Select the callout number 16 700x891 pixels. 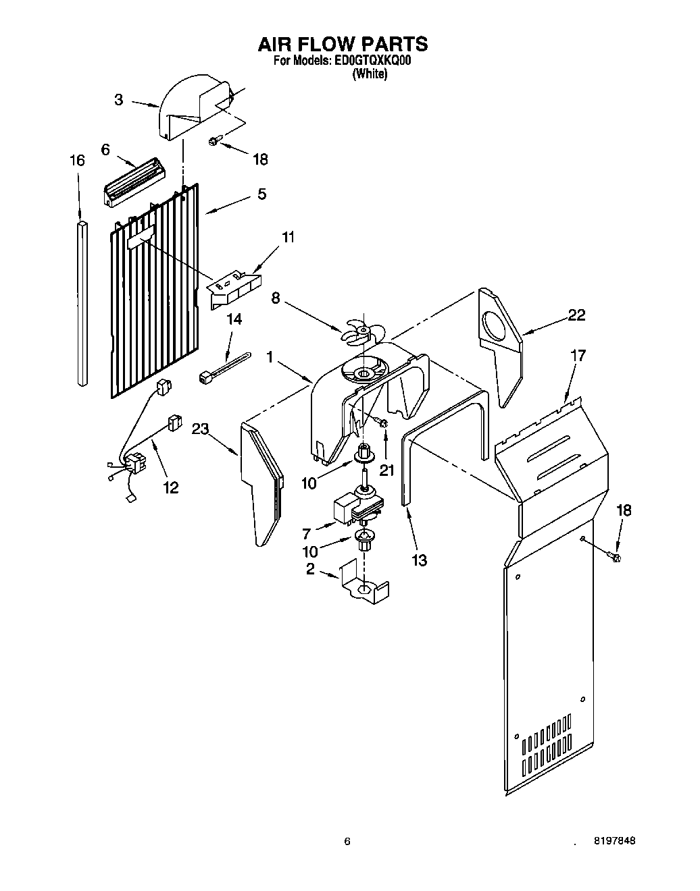tap(78, 161)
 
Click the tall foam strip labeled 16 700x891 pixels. tap(82, 304)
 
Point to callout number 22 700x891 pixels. tap(576, 315)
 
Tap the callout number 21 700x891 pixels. tap(386, 470)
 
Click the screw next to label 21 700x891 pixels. tap(382, 423)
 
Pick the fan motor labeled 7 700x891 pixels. tap(355, 510)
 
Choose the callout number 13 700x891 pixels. tap(419, 560)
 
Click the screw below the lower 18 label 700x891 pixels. tap(616, 556)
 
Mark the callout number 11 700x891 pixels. tap(289, 237)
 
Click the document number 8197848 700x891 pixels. tap(614, 841)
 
